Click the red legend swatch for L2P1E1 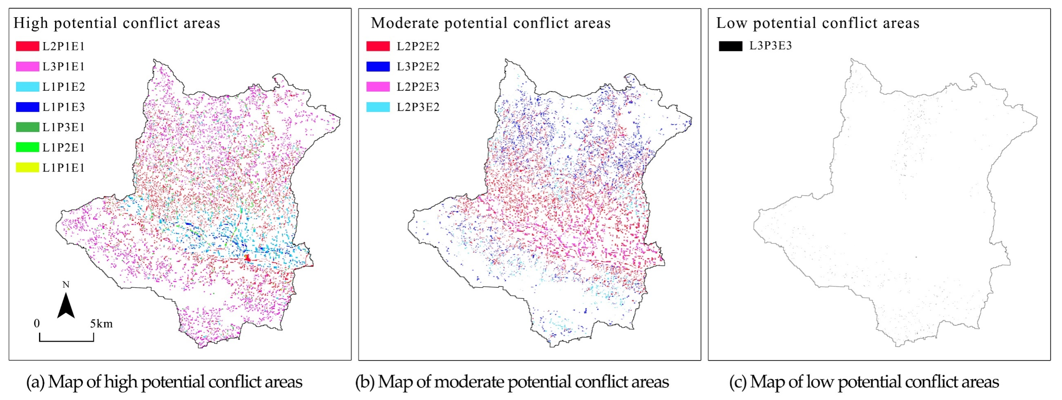27,46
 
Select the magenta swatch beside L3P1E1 27,66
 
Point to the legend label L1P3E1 64,127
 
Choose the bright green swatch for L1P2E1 27,147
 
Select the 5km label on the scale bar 101,324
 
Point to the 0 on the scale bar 37,323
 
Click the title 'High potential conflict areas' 117,23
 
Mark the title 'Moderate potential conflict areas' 491,23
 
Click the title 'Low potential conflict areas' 818,23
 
